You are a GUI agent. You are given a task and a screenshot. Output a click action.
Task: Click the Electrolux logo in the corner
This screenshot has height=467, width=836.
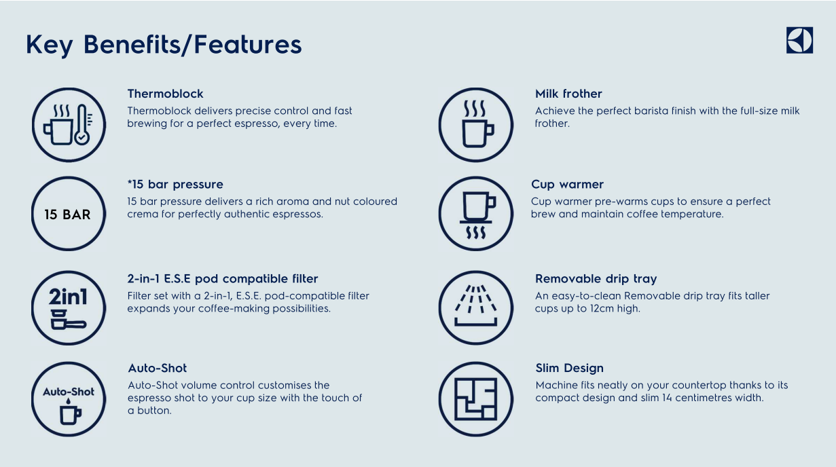(x=799, y=40)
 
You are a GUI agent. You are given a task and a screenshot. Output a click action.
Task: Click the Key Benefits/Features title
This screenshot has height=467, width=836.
(x=164, y=45)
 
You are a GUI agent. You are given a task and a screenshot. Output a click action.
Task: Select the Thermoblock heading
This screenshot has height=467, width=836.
(x=165, y=94)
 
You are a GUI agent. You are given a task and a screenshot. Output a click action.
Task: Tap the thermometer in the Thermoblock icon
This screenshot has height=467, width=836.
(x=82, y=124)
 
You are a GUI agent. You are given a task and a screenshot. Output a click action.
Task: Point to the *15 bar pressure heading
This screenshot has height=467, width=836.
(x=175, y=184)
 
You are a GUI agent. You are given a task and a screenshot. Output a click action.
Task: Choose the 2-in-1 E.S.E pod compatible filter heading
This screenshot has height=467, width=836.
(x=223, y=278)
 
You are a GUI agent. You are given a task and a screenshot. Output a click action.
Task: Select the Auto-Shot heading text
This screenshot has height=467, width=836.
(x=157, y=368)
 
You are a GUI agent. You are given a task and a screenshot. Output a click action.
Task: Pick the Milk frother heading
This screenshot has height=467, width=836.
(x=568, y=94)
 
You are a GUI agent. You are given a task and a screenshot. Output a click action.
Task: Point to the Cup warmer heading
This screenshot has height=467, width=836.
(x=567, y=184)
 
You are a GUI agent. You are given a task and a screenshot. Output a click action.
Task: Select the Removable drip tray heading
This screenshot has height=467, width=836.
(x=596, y=278)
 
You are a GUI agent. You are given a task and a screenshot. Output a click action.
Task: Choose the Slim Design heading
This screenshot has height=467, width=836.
(x=570, y=368)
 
